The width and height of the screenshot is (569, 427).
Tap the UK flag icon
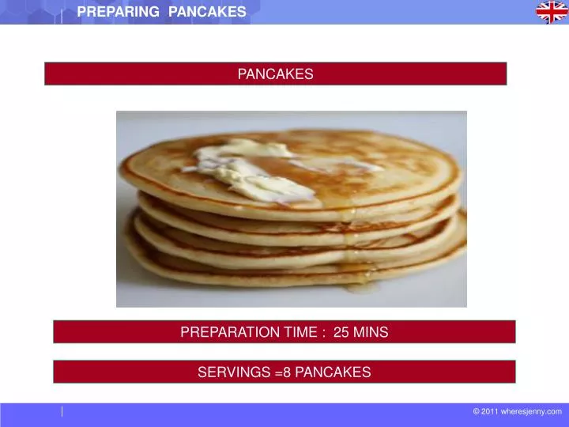coord(552,12)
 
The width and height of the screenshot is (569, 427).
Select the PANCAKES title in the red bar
coord(275,74)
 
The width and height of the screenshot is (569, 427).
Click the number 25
coord(341,332)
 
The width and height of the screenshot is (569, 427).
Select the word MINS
coord(371,332)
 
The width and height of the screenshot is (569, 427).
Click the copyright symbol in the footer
coord(477,411)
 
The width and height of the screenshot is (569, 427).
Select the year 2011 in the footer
coord(490,411)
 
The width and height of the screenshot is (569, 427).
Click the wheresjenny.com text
coord(531,411)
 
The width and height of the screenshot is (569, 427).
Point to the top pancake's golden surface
coord(379,162)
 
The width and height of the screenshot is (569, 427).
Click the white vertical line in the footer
coord(62,411)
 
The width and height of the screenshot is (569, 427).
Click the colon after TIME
coord(325,333)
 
